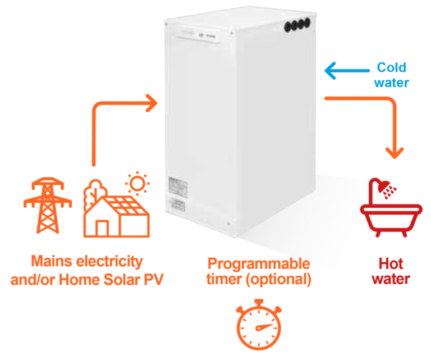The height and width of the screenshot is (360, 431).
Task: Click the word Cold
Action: click(x=392, y=68)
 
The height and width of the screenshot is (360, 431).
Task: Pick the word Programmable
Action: click(x=259, y=263)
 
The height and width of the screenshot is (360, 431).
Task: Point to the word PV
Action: click(x=153, y=279)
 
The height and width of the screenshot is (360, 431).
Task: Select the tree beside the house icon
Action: click(x=91, y=194)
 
